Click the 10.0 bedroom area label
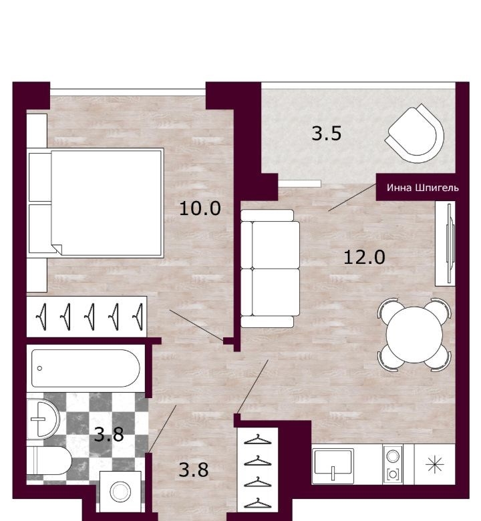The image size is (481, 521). tap(200, 208)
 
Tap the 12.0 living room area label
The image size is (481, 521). tap(364, 258)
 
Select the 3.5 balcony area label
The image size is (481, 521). tap(327, 134)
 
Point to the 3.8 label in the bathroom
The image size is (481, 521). tap(109, 435)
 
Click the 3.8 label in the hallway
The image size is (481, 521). tap(194, 470)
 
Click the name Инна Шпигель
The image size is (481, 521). tap(422, 188)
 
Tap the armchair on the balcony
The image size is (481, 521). tap(414, 133)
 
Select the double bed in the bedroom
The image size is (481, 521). tap(96, 202)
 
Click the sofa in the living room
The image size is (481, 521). tap(270, 269)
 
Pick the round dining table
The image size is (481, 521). tap(414, 335)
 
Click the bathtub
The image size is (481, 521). tap(86, 368)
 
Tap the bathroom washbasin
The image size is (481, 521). tap(43, 419)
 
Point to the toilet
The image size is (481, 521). tap(49, 460)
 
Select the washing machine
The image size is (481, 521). tap(120, 492)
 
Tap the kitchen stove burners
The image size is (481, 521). tap(393, 465)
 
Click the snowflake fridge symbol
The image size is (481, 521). tap(435, 464)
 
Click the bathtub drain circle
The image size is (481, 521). tap(40, 368)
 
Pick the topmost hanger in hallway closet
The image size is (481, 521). tap(258, 440)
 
